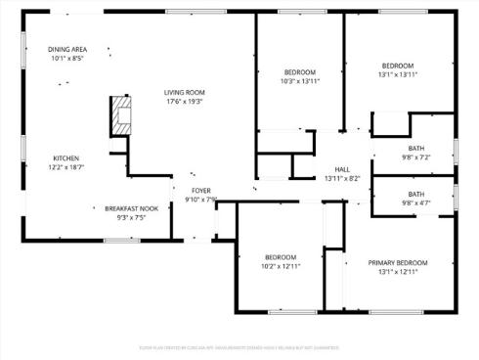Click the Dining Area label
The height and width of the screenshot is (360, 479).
66,49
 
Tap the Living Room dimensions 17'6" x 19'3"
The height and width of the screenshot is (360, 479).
184,101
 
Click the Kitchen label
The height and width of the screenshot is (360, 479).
66,158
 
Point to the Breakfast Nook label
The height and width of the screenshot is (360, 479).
132,208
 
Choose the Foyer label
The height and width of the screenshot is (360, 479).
200,191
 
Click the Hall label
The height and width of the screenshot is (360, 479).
342,169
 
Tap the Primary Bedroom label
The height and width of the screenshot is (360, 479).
398,262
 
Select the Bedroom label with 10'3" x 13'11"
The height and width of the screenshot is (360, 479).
300,72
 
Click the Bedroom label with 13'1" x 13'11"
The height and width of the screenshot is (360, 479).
398,66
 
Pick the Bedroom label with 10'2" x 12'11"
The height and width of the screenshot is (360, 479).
280,256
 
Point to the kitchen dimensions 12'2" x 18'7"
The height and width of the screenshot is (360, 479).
66,167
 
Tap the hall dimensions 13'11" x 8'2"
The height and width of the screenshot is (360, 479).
342,178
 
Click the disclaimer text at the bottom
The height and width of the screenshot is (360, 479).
239,345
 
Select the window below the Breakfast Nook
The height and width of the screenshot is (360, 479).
122,240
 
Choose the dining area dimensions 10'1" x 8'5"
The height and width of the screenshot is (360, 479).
66,58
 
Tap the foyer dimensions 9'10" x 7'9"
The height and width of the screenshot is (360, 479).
200,200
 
